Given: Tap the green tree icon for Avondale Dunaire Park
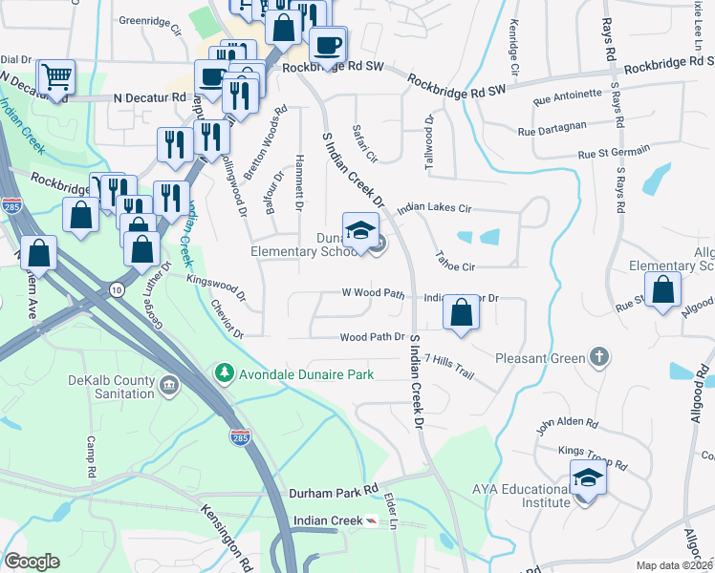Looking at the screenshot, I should (x=225, y=371).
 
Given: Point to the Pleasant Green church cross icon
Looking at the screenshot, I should (x=598, y=356).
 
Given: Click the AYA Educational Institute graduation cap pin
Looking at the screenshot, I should (x=588, y=477).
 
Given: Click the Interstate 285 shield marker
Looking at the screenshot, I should (x=240, y=436).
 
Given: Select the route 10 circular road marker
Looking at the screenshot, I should (x=116, y=287).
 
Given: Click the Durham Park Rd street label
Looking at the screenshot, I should (x=334, y=490).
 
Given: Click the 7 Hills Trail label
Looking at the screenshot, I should (x=449, y=363).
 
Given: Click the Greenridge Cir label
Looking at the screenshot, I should (x=150, y=20).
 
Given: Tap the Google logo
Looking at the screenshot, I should (x=32, y=561).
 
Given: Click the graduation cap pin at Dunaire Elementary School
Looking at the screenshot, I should (x=360, y=232).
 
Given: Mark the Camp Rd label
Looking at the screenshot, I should (x=93, y=458).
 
